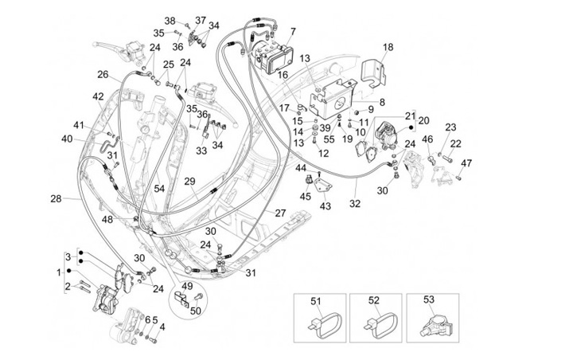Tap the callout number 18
[388, 48]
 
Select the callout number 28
[55, 198]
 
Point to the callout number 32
[354, 204]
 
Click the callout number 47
[466, 163]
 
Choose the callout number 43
[325, 206]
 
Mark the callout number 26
[103, 74]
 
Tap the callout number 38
[170, 20]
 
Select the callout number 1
[57, 272]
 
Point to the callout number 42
[97, 96]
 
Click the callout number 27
[280, 213]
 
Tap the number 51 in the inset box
[315, 301]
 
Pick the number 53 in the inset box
[430, 301]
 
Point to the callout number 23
[450, 127]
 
